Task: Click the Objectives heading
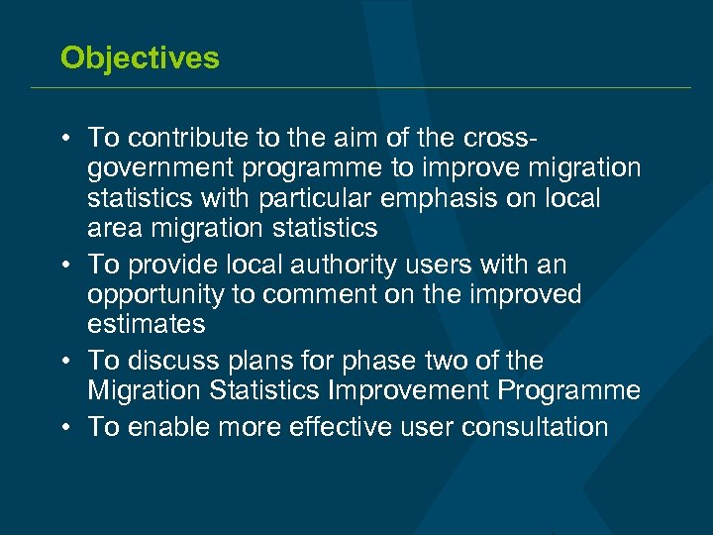coord(140,57)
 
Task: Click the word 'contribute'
coord(184,137)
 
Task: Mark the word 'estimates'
coord(146,325)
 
